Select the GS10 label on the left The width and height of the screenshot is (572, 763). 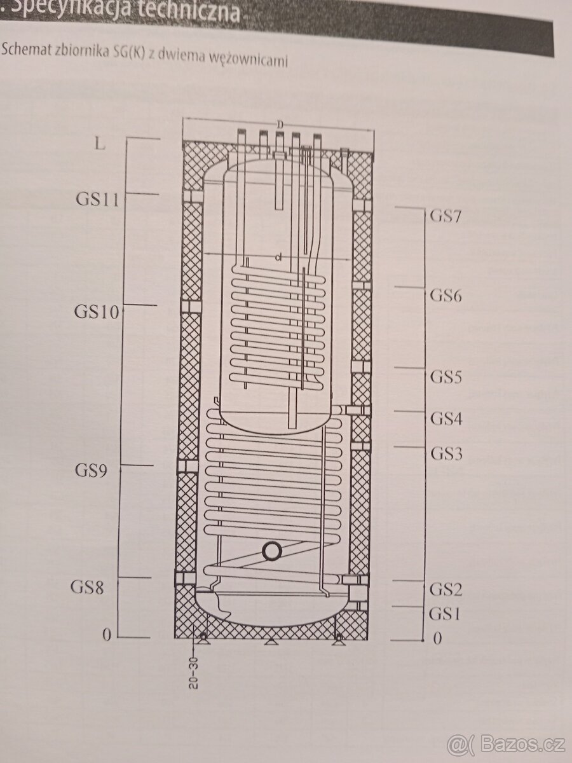(96, 312)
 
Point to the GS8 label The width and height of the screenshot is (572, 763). (87, 587)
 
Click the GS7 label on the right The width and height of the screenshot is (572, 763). (445, 215)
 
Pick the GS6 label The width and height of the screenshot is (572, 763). (445, 295)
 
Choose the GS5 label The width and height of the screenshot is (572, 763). (445, 376)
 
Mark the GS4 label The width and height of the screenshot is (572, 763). (445, 418)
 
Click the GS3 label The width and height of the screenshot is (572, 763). (445, 453)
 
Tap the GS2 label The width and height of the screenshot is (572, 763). (445, 589)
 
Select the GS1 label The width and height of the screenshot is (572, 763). (444, 614)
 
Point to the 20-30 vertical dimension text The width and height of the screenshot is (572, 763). (193, 673)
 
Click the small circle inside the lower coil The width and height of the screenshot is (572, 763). (272, 551)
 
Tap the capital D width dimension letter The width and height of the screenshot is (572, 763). (279, 124)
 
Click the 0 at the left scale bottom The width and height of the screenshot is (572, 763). (107, 635)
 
